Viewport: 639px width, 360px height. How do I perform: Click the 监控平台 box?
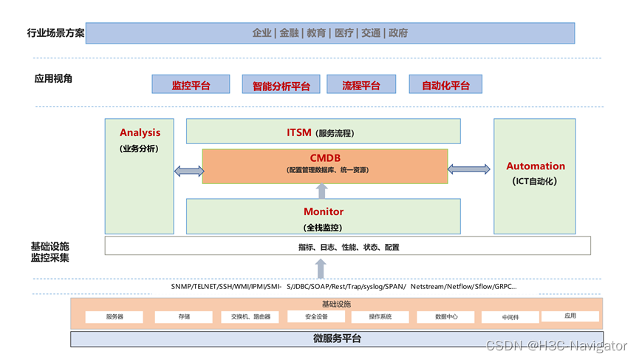pos(191,85)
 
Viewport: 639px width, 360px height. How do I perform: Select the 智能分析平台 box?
pos(281,85)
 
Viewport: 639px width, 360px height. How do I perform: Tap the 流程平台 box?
pos(360,85)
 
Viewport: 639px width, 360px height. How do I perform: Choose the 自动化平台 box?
pos(445,85)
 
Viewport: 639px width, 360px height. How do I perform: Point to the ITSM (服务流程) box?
pos(323,132)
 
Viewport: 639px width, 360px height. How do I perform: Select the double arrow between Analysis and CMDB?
pos(188,171)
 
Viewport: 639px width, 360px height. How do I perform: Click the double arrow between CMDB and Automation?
pos(469,169)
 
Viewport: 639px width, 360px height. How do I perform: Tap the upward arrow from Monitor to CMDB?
pos(321,191)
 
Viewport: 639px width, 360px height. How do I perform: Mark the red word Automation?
pos(535,166)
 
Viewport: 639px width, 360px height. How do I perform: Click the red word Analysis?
pos(140,132)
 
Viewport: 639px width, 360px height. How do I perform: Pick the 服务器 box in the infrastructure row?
pos(115,317)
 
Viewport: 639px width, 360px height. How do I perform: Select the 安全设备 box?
pos(316,317)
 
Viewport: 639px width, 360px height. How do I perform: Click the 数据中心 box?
pos(446,317)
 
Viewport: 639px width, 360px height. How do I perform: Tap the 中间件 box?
pos(510,317)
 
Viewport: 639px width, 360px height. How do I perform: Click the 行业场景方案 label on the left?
pos(55,33)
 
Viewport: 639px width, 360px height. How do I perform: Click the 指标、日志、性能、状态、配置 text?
pos(348,247)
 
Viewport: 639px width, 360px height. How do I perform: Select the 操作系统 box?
pos(381,317)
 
